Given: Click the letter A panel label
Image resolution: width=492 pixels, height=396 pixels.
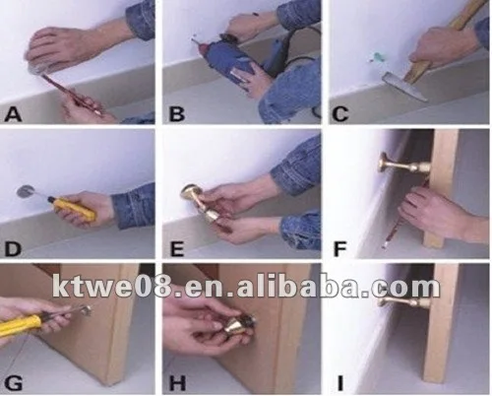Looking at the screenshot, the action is coord(13,114).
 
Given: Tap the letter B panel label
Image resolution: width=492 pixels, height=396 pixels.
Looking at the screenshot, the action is coord(177,114).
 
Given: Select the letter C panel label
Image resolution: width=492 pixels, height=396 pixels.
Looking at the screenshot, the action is coord(340,114).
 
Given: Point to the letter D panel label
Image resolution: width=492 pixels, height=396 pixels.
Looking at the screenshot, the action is coord(13,248).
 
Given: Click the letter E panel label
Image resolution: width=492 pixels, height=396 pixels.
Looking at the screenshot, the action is coord(177,248).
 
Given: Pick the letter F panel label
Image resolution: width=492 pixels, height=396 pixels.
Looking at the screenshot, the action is coord(339,248).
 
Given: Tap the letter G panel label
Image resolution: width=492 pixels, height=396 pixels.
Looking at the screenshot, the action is coord(14,382).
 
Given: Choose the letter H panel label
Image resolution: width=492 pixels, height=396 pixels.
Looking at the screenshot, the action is coord(177,382).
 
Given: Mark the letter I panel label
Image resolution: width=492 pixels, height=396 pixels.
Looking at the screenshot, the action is coord(340,382).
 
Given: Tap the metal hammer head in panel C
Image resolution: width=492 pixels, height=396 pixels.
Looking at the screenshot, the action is coord(405,86).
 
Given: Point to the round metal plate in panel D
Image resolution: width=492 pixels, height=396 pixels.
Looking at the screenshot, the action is coord(26,191).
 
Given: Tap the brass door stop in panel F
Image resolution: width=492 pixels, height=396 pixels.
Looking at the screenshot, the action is coord(405,165).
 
